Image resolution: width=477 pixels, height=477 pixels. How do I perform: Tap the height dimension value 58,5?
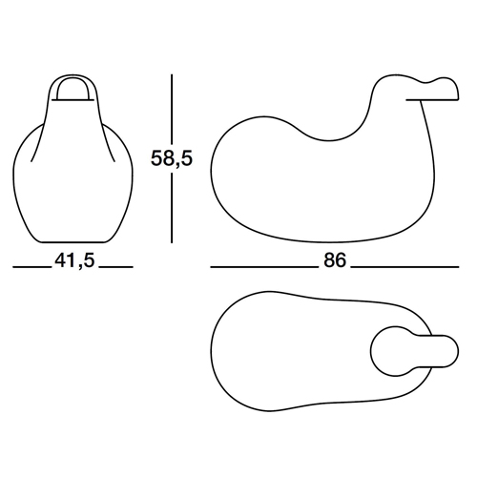(x=172, y=158)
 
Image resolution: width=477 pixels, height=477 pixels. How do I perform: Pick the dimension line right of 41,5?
(x=115, y=266)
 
